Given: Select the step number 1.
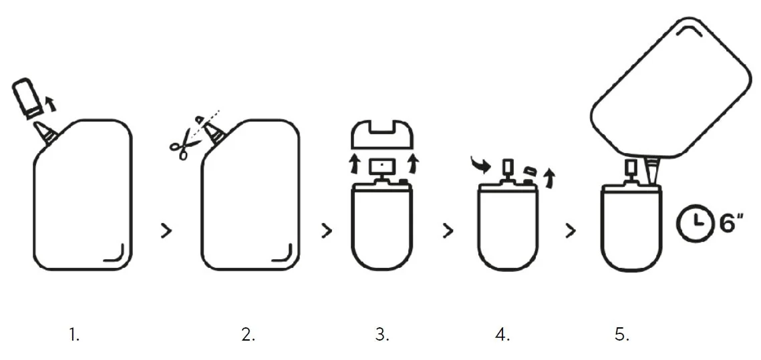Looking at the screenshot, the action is coord(73,334).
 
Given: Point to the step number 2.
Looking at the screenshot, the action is coord(248,334).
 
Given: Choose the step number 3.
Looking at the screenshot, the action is coord(382,334).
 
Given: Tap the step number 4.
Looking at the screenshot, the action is coord(502,334).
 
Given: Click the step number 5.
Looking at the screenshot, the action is coord(622,334).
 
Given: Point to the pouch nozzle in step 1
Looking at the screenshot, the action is coord(46,133).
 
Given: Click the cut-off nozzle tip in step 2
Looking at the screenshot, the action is coord(199,119).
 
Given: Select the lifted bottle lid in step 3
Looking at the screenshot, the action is coord(382,134).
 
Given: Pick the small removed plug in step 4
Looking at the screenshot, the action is coord(530,170).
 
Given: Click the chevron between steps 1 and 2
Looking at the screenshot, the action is coord(166,231).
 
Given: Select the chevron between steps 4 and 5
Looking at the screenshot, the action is coord(571,231).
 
